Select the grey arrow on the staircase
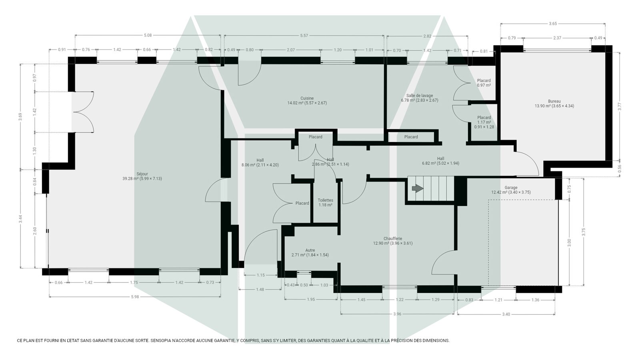click(418, 188)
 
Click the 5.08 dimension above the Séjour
click(148, 36)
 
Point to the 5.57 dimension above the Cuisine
click(304, 36)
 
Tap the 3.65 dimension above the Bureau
click(553, 24)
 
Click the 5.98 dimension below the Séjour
click(135, 297)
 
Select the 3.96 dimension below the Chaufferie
click(397, 314)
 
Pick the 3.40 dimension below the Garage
click(506, 314)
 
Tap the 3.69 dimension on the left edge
click(20, 117)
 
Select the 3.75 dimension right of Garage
click(584, 232)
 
